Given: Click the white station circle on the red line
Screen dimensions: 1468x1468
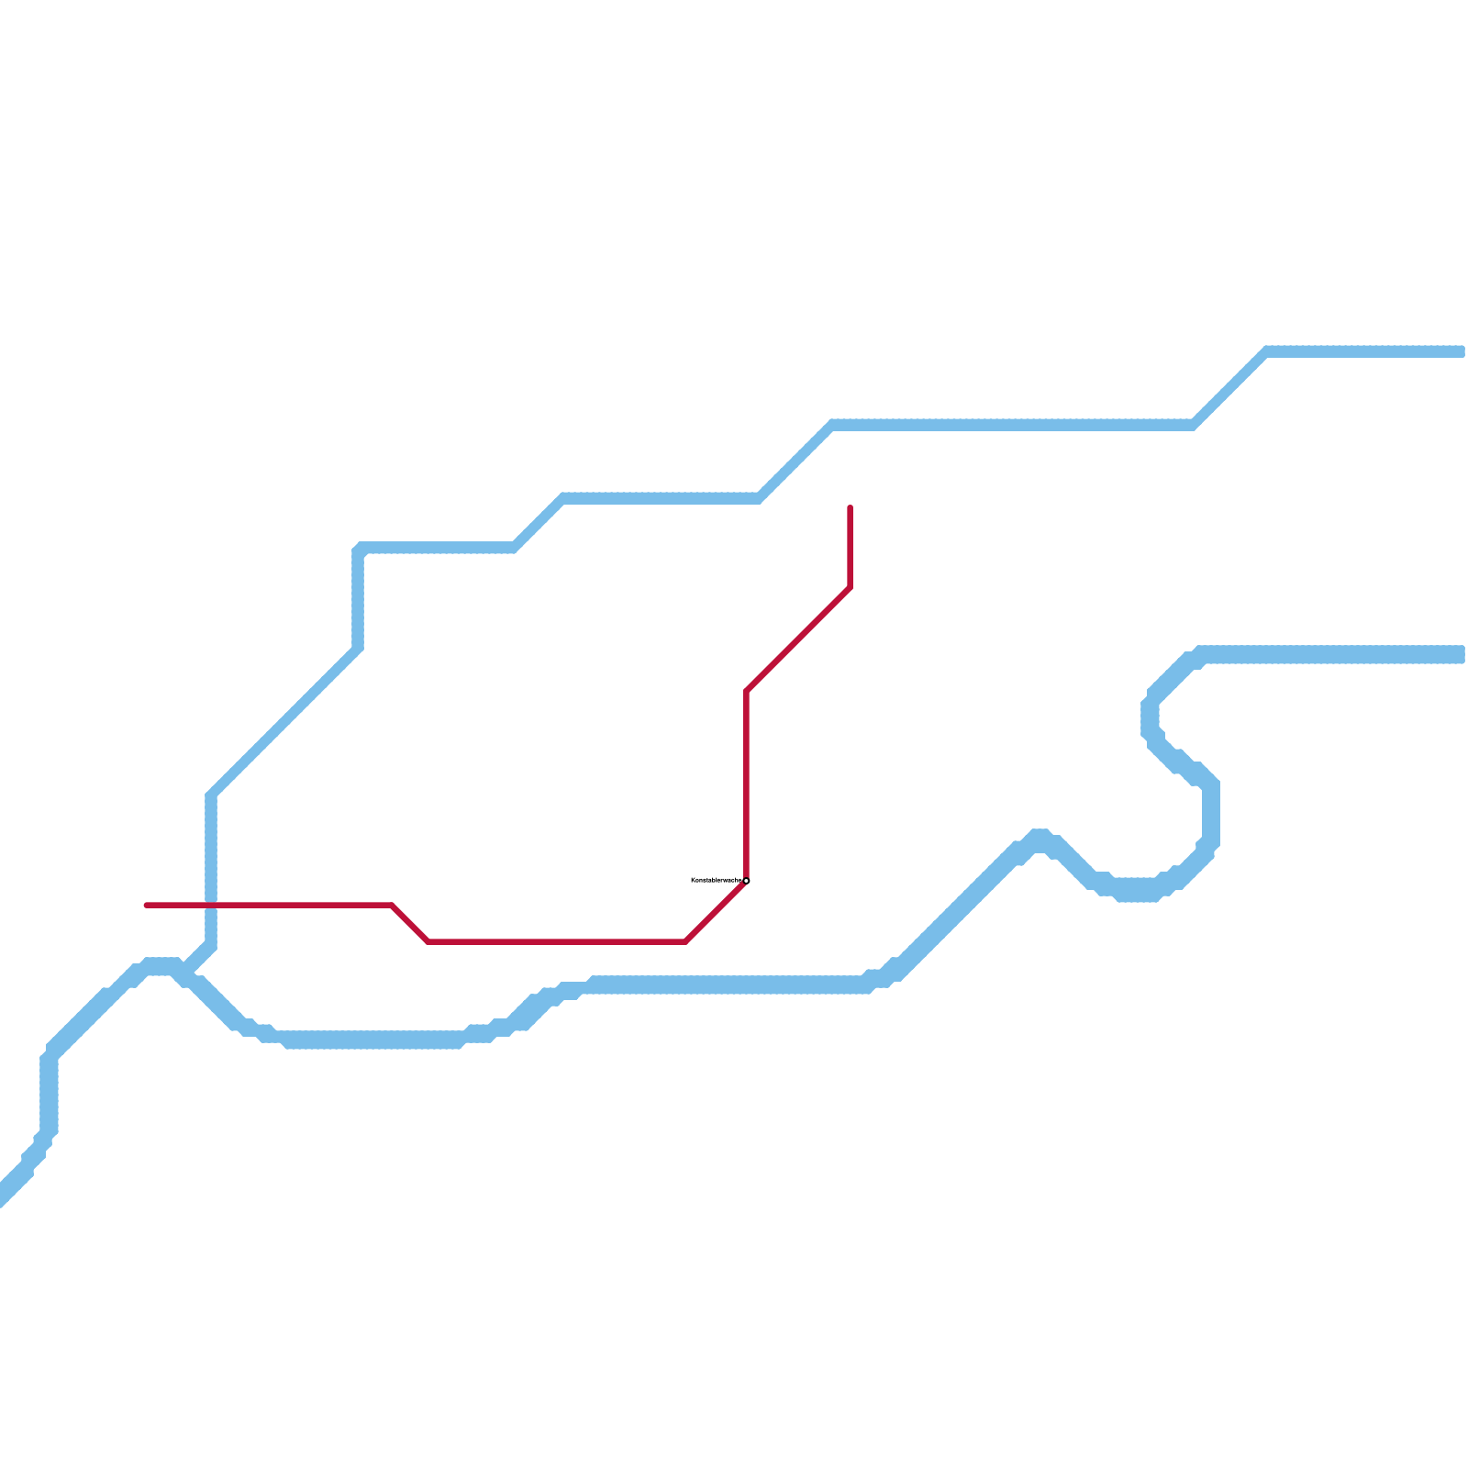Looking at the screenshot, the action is click(x=746, y=881).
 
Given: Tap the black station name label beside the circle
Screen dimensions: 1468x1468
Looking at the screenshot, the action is click(x=716, y=880).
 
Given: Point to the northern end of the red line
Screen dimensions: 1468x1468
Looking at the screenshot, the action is click(x=851, y=507).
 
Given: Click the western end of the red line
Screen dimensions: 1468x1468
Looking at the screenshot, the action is click(x=147, y=906).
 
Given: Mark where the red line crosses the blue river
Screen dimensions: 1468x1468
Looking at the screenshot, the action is click(x=211, y=906).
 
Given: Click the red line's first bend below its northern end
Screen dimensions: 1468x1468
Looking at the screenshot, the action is click(x=851, y=588).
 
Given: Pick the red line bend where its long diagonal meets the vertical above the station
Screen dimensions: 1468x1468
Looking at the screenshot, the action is click(x=748, y=691).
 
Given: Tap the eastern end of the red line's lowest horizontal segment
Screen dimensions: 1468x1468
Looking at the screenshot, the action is click(x=685, y=941).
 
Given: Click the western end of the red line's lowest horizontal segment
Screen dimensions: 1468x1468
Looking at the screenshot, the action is click(x=428, y=941).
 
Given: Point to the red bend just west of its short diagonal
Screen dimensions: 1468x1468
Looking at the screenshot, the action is click(x=392, y=906).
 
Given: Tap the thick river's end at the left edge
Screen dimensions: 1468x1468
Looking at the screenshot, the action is click(x=5, y=1193).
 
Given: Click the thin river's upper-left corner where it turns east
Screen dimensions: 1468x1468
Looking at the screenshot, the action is click(x=359, y=549).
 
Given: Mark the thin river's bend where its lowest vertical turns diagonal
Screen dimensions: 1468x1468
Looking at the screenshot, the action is click(x=211, y=795).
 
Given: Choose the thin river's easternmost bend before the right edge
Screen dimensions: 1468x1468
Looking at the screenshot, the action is click(x=1267, y=351).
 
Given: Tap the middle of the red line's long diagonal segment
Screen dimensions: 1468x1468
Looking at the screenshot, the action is click(x=799, y=639).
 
